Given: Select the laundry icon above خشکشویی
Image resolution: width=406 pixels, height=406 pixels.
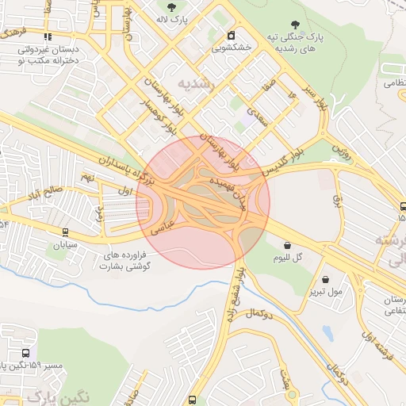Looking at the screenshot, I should point(231,36).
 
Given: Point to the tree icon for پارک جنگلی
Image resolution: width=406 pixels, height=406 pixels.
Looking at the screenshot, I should point(296,25).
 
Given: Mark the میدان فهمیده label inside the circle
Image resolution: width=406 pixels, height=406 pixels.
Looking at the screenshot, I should point(228,191).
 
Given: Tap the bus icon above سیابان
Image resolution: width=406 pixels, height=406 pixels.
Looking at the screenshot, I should point(66,232).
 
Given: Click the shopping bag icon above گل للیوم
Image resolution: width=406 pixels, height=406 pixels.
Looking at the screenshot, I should point(286,246).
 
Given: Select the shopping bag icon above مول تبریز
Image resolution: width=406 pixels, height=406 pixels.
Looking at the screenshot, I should point(327,279).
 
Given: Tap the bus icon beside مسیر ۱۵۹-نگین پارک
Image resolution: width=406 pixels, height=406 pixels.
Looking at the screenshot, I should point(28,354).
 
